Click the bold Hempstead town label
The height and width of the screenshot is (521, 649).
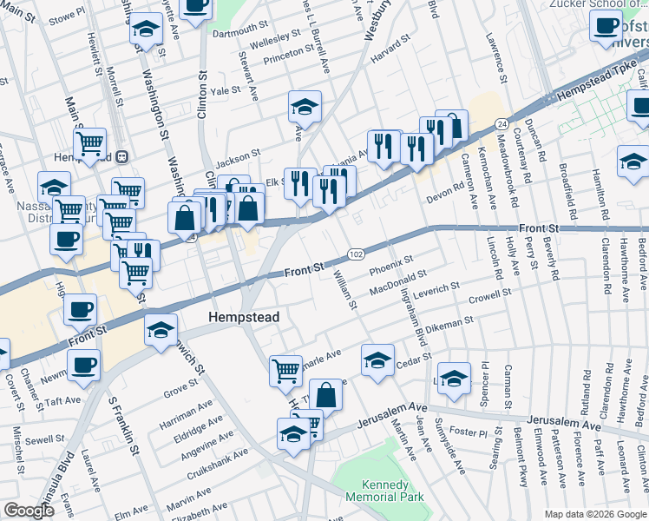244,318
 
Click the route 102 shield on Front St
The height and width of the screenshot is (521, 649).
356,254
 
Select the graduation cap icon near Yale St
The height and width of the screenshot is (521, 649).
305,107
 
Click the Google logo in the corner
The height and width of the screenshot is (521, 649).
29,511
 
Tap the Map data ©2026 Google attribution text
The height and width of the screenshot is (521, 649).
596,514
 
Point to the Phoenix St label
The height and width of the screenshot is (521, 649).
392,264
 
